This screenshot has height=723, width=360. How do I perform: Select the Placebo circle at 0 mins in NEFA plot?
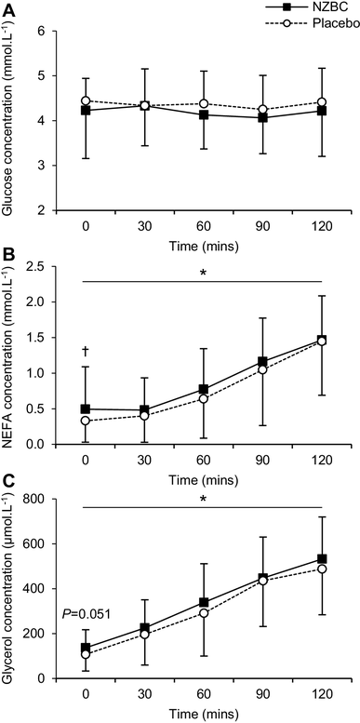click(x=86, y=421)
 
